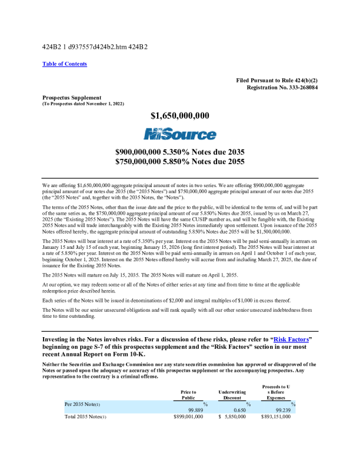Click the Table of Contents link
[x=65, y=64]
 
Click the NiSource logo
[x=180, y=135]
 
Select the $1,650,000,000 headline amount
[x=180, y=115]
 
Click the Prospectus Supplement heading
[x=72, y=97]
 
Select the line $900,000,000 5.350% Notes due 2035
[x=180, y=151]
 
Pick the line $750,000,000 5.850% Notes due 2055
[x=180, y=160]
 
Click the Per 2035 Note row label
[x=82, y=404]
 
